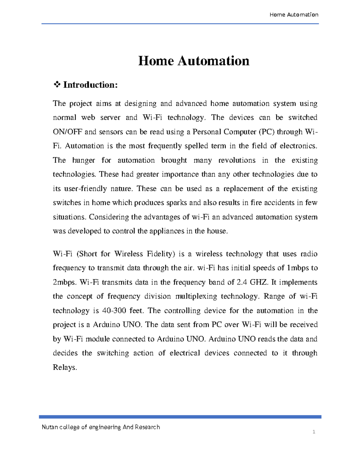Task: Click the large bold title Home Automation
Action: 193,61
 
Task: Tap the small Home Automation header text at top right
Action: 294,15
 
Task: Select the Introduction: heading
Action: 90,85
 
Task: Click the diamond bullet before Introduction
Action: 57,85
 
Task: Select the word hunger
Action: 83,160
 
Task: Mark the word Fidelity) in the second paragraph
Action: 161,254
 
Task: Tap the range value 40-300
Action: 114,311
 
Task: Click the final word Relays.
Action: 65,367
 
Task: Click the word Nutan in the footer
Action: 50,427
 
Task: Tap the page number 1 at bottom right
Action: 314,432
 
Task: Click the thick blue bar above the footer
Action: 180,417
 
